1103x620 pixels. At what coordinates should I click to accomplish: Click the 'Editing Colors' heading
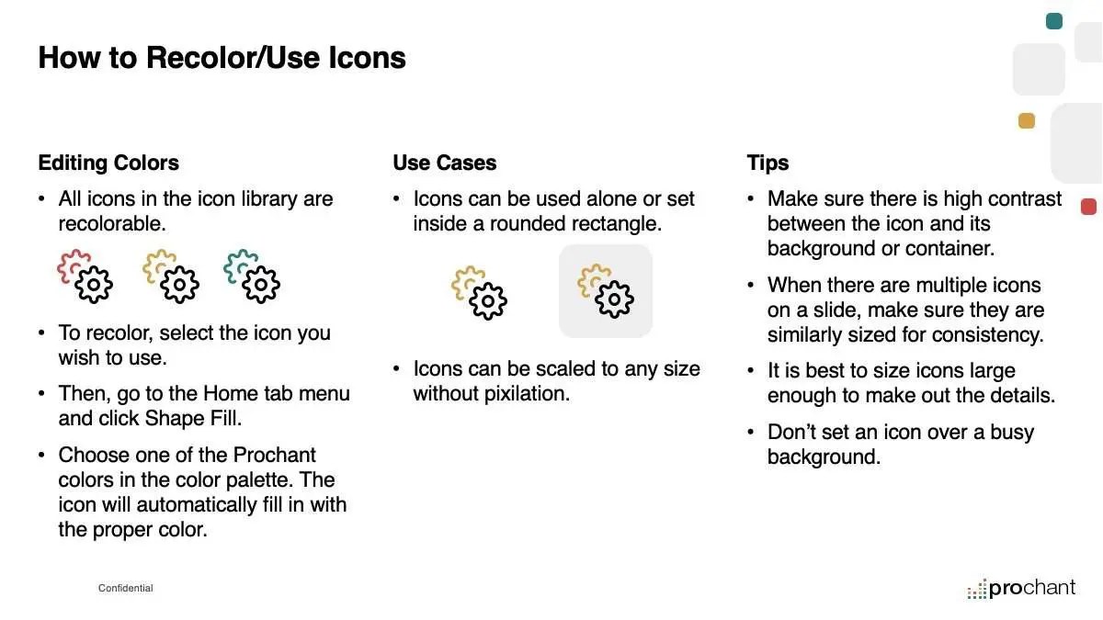pos(108,163)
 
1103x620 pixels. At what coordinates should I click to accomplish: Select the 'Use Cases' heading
pos(444,163)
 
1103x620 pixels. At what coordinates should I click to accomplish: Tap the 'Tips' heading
pos(768,163)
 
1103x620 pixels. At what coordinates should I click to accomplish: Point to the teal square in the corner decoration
pos(1053,21)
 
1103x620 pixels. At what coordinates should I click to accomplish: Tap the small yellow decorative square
pos(1027,120)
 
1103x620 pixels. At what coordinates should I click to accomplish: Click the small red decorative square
pos(1088,207)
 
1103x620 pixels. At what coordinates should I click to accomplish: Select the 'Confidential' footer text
pos(126,588)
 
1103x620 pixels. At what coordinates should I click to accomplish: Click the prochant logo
pos(1021,589)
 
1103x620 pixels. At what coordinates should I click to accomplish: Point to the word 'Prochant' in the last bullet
pos(274,456)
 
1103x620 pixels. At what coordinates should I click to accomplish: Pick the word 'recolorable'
pos(112,224)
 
